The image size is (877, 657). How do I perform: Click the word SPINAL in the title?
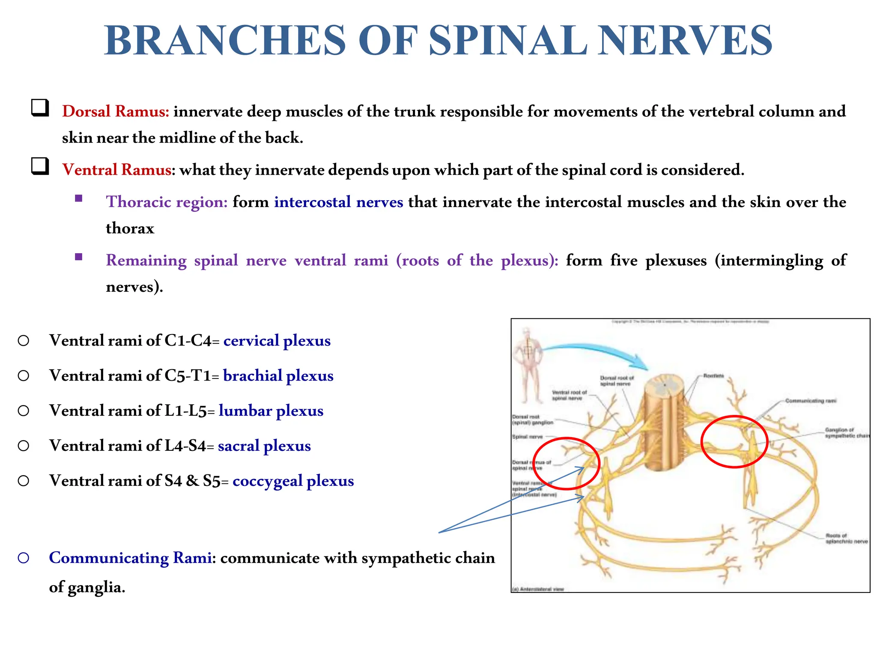coord(507,41)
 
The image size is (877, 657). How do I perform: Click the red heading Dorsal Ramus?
coord(115,112)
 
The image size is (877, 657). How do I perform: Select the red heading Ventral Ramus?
coord(116,170)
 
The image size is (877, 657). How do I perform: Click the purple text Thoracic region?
coord(167,202)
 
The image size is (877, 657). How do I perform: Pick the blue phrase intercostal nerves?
coord(338,202)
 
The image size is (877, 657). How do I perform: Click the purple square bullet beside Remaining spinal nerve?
coord(78,257)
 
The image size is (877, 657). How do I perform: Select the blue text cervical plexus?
coord(277,341)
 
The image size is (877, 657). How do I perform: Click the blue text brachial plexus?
coord(278,376)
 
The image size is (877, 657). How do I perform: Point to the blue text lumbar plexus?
coord(271,411)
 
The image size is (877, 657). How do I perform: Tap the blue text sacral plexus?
coord(264,446)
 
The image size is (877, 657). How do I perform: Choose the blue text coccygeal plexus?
coord(293,481)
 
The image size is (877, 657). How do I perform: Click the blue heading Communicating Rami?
coord(130,558)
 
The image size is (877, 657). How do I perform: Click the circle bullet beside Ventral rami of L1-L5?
coord(24,411)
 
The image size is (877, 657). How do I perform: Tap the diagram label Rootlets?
coord(713,376)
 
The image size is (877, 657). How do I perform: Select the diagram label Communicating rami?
coord(811,401)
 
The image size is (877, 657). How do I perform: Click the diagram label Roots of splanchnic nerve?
coord(846,539)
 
